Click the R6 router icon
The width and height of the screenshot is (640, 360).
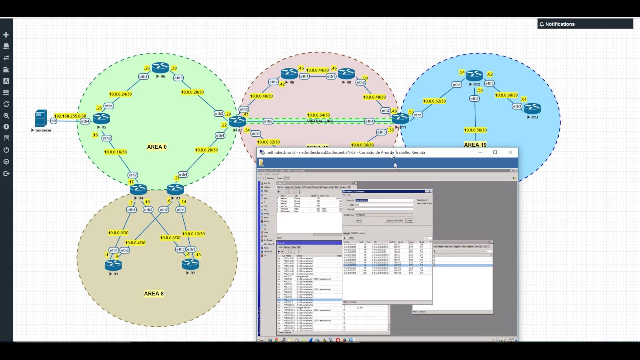160,67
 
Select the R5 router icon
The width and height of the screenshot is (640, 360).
101,118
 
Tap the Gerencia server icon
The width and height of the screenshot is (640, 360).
41,119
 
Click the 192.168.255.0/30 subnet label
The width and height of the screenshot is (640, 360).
70,116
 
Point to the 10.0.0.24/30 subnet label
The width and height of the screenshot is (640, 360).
120,94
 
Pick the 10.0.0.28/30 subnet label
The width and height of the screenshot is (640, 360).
192,92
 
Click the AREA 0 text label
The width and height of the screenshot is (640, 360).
157,147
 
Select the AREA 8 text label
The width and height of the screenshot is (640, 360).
154,293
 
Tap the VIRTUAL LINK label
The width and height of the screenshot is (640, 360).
320,121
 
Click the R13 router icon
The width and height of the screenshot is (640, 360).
532,108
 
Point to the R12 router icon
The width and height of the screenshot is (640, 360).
474,76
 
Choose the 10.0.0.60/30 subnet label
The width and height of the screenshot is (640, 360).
506,95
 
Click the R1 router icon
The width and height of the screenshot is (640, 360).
113,265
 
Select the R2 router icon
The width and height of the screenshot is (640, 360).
190,264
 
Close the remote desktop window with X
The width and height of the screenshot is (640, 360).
510,152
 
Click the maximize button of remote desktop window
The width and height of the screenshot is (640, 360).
495,152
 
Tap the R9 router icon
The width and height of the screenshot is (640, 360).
346,73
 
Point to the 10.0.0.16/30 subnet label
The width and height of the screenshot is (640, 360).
115,152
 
